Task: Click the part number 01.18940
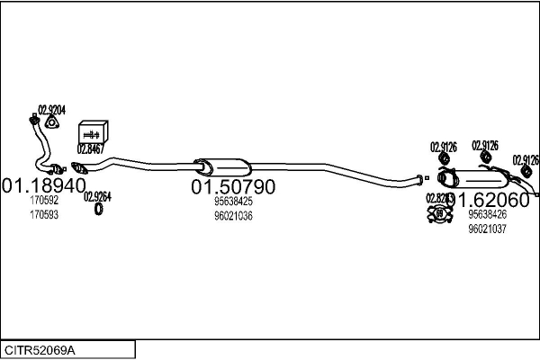40,186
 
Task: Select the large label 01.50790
232,187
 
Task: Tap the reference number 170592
43,202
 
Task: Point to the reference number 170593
43,216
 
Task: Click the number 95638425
232,202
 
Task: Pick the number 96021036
232,216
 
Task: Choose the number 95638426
487,214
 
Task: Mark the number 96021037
487,229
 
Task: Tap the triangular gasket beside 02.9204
50,123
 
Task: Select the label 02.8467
91,148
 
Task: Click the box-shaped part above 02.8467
93,130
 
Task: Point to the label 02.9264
97,196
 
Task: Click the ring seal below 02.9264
99,211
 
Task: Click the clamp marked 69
438,214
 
